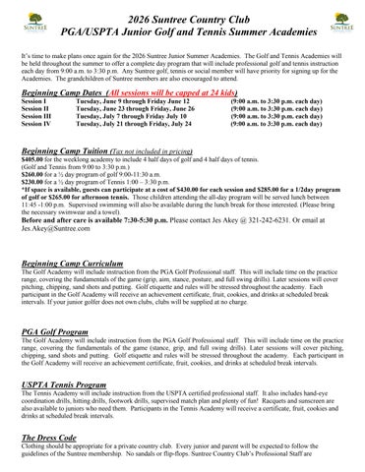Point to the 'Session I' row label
[33, 101]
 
